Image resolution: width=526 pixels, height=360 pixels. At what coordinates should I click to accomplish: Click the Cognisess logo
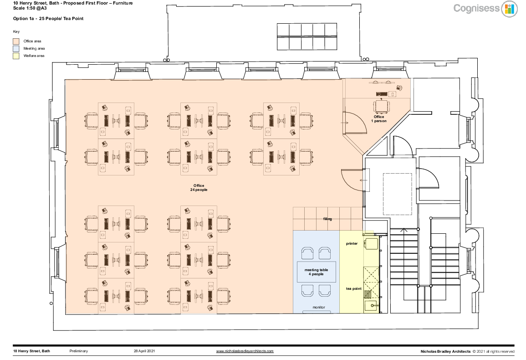(x=485, y=9)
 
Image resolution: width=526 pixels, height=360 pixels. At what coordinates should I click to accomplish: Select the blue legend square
(x=16, y=49)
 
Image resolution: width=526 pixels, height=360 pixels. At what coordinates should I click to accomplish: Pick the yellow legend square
(x=16, y=56)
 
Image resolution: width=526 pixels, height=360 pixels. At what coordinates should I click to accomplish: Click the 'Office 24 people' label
(x=199, y=188)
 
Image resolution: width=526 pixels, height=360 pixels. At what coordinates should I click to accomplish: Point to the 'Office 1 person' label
(x=379, y=119)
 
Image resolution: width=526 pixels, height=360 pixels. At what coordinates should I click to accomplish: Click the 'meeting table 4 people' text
(x=316, y=272)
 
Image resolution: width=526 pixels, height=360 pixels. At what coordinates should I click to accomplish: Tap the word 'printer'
(x=352, y=244)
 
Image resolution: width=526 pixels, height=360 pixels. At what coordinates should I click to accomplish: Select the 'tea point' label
(x=353, y=288)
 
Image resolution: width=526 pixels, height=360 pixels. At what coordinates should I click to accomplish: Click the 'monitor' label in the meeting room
(x=319, y=308)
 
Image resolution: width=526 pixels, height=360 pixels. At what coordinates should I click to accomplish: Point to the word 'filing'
(x=327, y=219)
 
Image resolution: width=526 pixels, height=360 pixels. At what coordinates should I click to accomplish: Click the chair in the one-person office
(x=382, y=107)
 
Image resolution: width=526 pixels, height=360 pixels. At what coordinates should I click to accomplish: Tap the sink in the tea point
(x=371, y=305)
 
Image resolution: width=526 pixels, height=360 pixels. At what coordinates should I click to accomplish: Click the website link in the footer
(x=245, y=351)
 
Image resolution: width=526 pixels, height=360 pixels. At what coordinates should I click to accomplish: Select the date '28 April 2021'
(x=144, y=351)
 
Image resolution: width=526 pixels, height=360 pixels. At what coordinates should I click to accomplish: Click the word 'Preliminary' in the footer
(x=78, y=351)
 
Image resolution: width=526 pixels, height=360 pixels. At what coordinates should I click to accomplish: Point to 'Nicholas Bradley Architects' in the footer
(x=445, y=352)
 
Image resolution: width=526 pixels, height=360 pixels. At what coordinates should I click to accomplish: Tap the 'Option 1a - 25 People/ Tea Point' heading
(x=48, y=19)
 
